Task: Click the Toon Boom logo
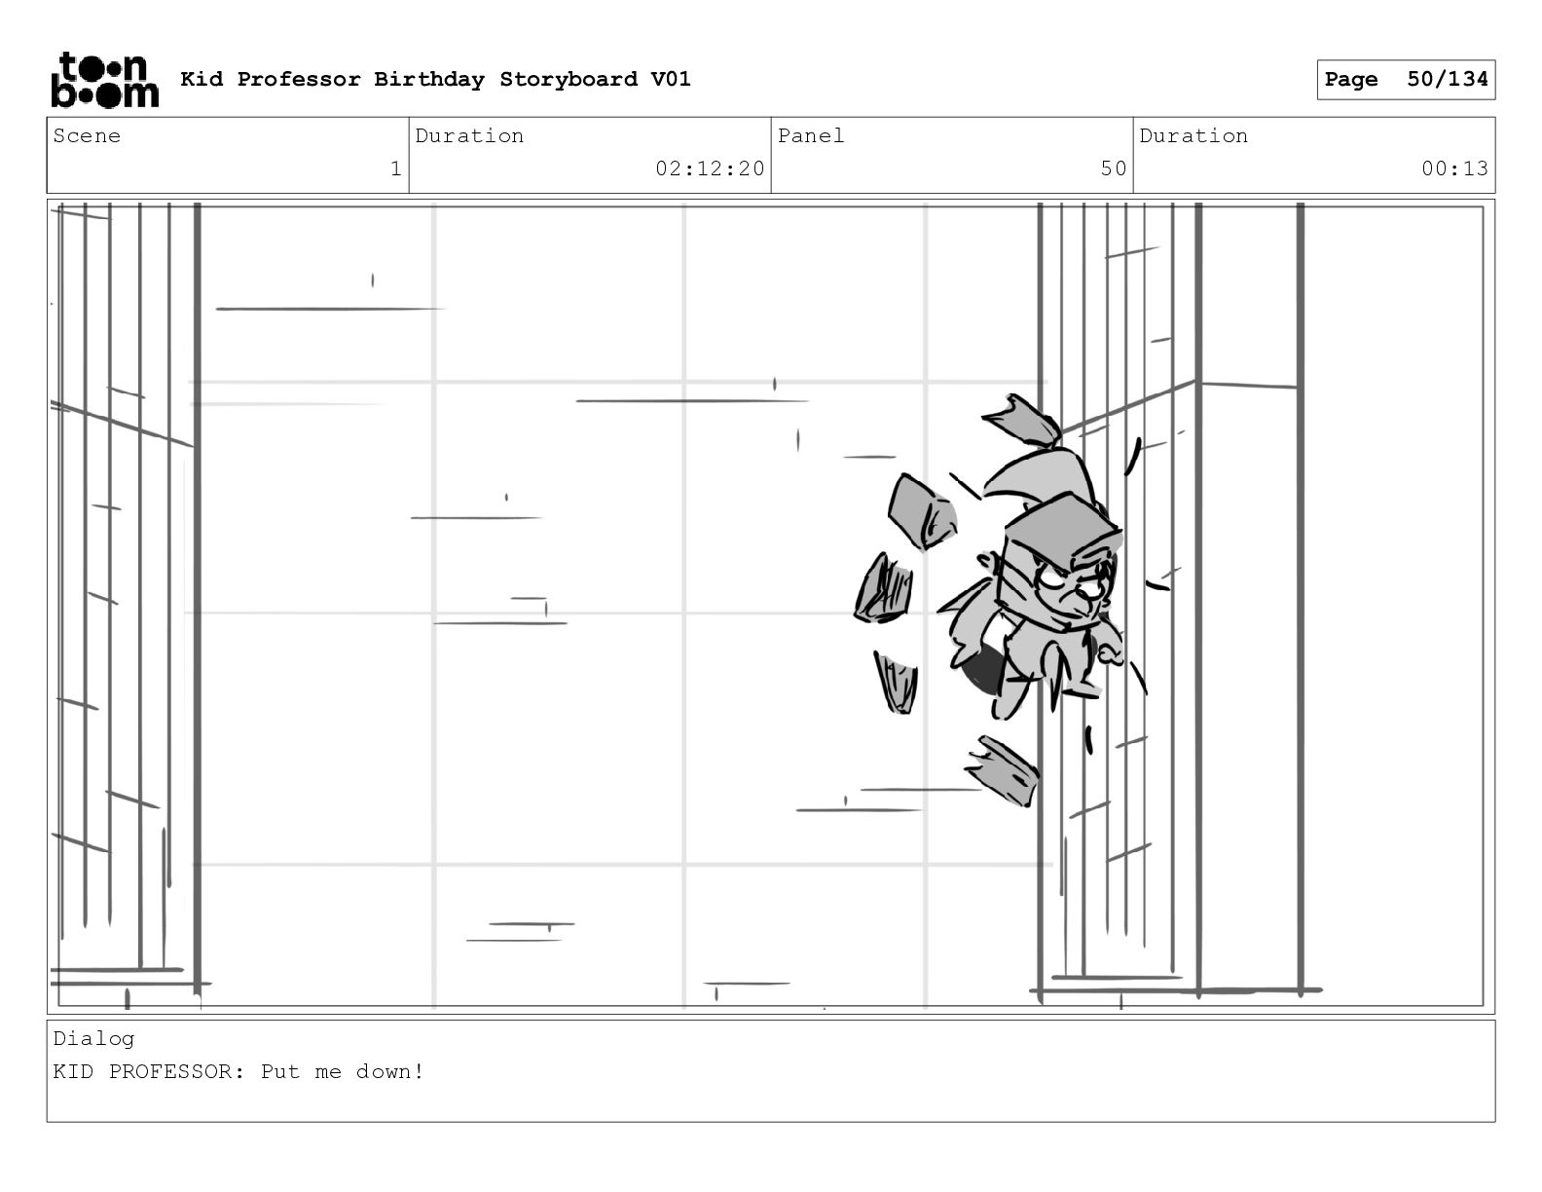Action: (x=104, y=80)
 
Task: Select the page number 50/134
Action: (x=1447, y=79)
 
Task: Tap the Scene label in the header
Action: (x=87, y=136)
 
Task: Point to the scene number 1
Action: (x=395, y=168)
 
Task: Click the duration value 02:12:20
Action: (x=710, y=168)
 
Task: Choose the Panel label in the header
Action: (x=810, y=136)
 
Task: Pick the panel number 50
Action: (x=1113, y=168)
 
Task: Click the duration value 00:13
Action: (x=1454, y=168)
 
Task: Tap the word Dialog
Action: (x=93, y=1038)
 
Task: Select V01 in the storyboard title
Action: (x=670, y=79)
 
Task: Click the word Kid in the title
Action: (x=202, y=79)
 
